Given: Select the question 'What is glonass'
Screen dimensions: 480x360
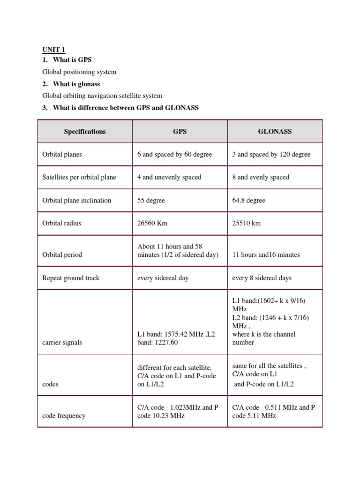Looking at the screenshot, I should (76, 84).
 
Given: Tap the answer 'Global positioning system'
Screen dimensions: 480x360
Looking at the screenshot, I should (79, 72).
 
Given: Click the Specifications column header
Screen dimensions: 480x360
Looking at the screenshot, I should (85, 132).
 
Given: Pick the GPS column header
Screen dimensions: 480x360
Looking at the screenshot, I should (180, 132).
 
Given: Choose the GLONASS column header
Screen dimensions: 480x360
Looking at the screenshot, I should (275, 132).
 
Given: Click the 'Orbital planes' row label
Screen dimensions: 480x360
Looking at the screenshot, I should (62, 154).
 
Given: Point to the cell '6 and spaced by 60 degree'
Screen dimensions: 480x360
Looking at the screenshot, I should (175, 154).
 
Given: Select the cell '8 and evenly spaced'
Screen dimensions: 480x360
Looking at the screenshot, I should (261, 177).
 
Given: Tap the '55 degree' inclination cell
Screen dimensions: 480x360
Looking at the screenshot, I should (151, 200).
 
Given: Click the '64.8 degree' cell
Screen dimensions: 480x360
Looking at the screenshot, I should (248, 200).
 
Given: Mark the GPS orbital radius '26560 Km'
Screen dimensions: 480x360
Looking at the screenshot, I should (152, 223).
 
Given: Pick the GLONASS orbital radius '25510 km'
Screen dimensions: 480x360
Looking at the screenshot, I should (247, 223).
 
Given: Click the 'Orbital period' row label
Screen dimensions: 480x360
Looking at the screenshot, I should (62, 255).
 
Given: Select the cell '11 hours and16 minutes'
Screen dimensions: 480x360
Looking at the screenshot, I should (266, 255).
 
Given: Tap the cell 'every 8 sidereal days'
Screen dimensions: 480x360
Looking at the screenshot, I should (262, 278).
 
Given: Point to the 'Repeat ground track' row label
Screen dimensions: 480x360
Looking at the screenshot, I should (71, 278).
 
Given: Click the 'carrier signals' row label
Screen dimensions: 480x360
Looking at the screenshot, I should (62, 343).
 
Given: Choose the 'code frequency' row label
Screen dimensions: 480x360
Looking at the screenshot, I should (64, 416).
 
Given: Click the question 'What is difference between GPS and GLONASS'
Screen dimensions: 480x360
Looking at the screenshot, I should (126, 108).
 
